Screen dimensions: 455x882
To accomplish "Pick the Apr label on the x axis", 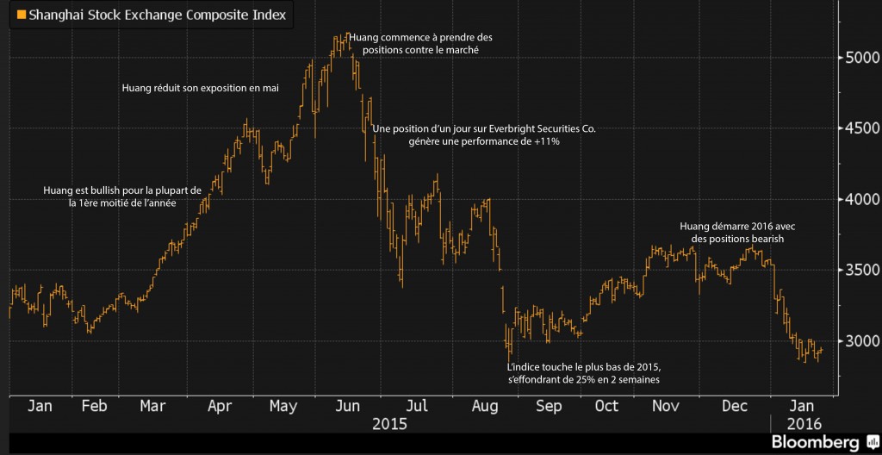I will tap(220, 406).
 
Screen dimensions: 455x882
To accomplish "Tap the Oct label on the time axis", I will tap(607, 406).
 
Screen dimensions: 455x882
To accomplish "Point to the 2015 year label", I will tap(389, 424).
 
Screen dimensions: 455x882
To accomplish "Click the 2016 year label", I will tap(804, 424).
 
